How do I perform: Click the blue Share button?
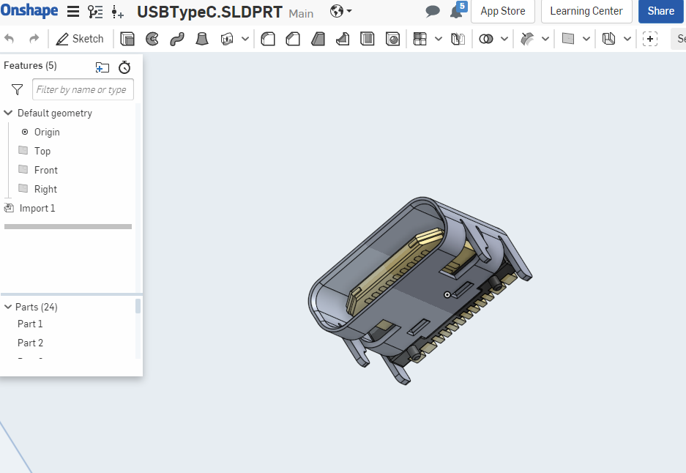660,11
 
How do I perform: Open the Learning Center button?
586,11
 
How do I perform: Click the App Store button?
503,11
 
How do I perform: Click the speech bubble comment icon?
432,11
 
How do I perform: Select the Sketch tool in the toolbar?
80,39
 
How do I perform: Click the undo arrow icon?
10,39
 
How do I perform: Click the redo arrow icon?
34,39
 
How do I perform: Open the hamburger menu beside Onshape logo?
73,12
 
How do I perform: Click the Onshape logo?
29,10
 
